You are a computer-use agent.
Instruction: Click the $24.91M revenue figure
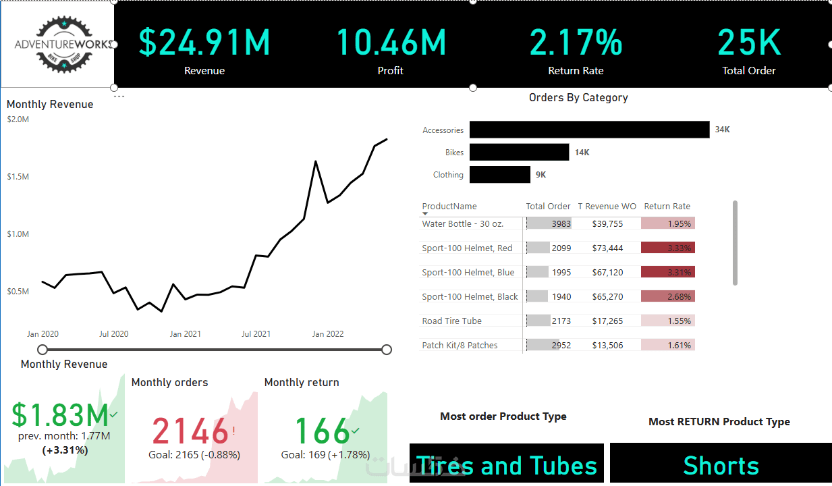204,43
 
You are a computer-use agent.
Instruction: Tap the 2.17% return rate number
576,43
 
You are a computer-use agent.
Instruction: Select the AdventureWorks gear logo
64,45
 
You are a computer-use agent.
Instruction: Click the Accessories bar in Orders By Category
590,130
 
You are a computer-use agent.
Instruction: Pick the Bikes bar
520,153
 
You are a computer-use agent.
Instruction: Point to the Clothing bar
500,175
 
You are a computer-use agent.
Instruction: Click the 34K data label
723,130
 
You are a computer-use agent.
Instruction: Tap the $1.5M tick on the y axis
18,176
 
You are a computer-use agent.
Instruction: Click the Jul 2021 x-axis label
256,334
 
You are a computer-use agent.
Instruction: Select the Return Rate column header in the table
667,207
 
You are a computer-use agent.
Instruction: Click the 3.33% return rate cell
668,248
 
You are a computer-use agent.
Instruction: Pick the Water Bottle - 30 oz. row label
463,223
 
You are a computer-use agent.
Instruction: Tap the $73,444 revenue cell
607,248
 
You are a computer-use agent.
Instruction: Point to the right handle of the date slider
387,350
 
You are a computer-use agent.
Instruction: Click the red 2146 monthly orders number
190,431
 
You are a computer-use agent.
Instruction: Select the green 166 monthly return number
322,431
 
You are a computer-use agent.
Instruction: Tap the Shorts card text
721,466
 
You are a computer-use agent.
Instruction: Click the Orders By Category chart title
578,98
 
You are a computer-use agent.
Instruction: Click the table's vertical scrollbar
735,243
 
